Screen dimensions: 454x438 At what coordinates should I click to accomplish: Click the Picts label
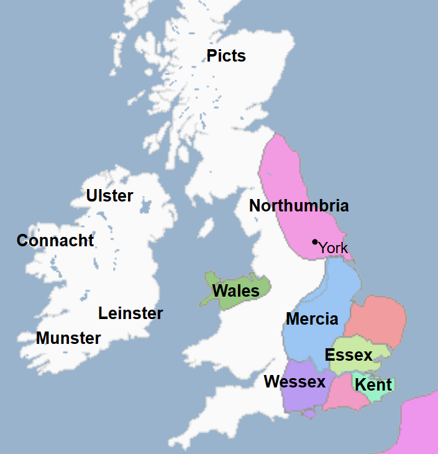[226, 56]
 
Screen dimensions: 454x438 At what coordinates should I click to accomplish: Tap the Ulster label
[109, 196]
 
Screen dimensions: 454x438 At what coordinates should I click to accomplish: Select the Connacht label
[55, 241]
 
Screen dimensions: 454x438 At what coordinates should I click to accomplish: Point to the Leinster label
[130, 313]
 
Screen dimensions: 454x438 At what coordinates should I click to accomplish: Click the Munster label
[68, 338]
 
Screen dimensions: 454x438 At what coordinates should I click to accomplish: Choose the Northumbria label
[299, 206]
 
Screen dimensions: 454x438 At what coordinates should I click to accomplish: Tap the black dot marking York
[315, 241]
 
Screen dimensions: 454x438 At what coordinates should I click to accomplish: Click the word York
[334, 248]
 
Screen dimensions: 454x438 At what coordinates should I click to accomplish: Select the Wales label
[235, 291]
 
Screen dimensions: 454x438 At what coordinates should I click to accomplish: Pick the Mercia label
[312, 320]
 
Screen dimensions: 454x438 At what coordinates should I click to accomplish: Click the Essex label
[349, 355]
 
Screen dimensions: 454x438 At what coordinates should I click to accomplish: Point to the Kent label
[373, 384]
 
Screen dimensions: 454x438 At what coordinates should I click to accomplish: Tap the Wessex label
[294, 381]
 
